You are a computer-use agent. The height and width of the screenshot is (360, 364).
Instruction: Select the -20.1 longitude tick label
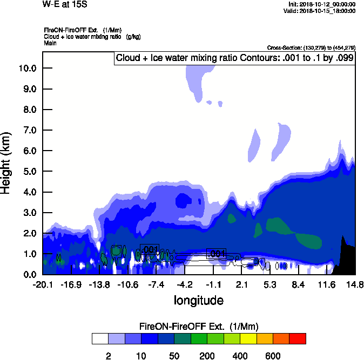coord(43,284)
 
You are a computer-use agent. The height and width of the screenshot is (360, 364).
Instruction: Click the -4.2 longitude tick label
coord(185,284)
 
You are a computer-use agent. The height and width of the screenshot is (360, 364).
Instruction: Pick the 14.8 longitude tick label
coord(355,284)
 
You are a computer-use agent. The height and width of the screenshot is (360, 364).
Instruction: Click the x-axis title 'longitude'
coord(198,300)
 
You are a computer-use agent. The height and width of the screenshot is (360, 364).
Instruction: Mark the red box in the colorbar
coord(297,338)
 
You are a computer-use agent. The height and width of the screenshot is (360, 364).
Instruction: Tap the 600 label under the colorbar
coord(273,356)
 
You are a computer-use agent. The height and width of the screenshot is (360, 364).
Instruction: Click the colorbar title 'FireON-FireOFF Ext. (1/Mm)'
coord(199,327)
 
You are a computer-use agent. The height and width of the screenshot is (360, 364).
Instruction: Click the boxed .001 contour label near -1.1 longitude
coord(216,254)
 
